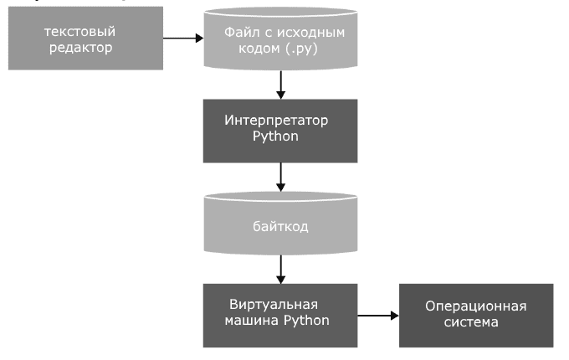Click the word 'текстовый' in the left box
tap(80, 31)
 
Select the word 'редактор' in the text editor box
tap(79, 47)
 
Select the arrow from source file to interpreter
tap(280, 84)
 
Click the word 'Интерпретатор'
tap(275, 120)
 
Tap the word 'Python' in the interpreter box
tap(275, 136)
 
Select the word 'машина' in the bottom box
tap(251, 320)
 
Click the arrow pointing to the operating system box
tap(377, 316)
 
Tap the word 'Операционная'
tap(475, 306)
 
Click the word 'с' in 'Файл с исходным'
tap(264, 33)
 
